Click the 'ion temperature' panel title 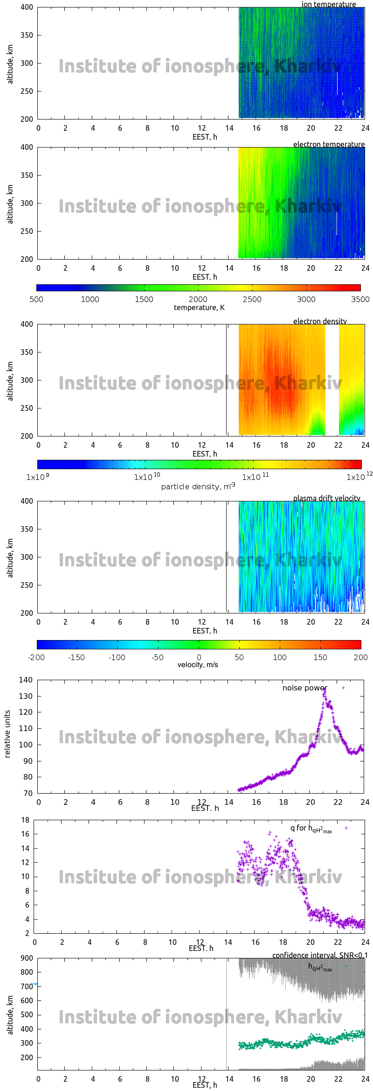[x=329, y=4]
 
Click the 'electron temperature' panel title [x=329, y=144]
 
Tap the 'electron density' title [x=320, y=321]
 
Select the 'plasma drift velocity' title [x=326, y=498]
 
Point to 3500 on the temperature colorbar [x=360, y=299]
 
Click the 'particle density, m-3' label [x=198, y=486]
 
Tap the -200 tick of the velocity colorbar [x=36, y=657]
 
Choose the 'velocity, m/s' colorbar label [x=198, y=664]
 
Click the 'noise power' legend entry [x=304, y=688]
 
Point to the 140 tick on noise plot [x=26, y=680]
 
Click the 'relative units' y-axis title [x=7, y=734]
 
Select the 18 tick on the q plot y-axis [x=25, y=820]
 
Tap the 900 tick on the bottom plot [x=27, y=958]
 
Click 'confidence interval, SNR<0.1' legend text [x=320, y=955]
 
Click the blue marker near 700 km [x=35, y=984]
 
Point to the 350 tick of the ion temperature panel [x=27, y=35]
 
